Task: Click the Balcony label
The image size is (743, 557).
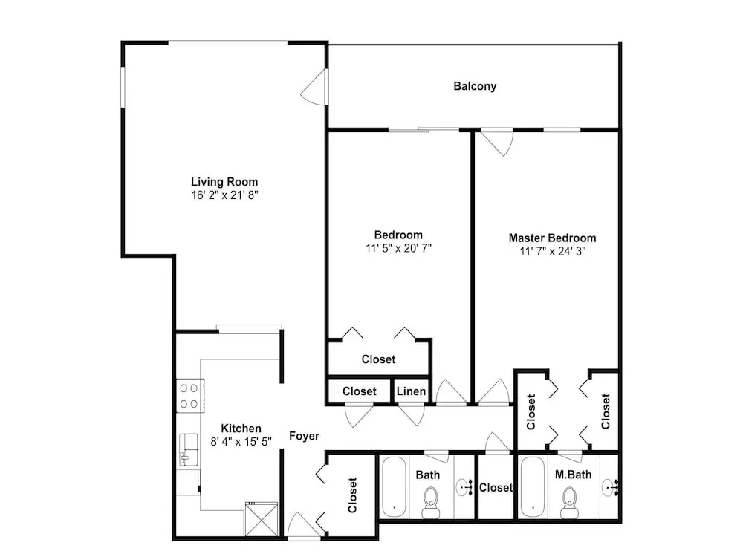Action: [x=475, y=86]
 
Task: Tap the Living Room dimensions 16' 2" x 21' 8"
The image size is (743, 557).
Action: [x=224, y=195]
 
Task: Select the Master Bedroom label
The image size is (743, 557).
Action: [x=553, y=238]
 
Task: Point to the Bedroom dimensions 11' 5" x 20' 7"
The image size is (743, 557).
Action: [x=398, y=248]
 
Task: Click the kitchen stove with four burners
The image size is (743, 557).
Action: [x=190, y=396]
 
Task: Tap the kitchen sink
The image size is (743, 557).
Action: [x=189, y=449]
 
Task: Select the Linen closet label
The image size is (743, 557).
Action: [x=411, y=391]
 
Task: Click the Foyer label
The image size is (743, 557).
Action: [x=304, y=436]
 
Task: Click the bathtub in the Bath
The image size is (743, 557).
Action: [x=394, y=486]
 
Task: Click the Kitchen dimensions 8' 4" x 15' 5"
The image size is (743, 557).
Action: [x=241, y=441]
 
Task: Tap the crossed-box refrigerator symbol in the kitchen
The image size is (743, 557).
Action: [x=261, y=520]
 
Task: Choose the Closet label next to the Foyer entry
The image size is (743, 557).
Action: [x=352, y=495]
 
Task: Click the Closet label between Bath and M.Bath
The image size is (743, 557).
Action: [x=496, y=487]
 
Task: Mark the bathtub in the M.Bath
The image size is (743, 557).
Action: [x=533, y=486]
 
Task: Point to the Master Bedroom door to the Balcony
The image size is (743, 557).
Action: [x=496, y=142]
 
